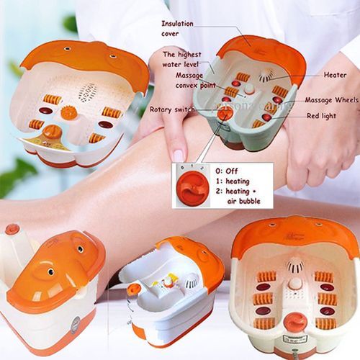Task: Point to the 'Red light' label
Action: [322, 115]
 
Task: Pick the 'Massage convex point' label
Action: [188, 81]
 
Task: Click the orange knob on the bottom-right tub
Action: [294, 320]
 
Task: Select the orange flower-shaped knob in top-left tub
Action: [68, 113]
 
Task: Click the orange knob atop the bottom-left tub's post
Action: [12, 230]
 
